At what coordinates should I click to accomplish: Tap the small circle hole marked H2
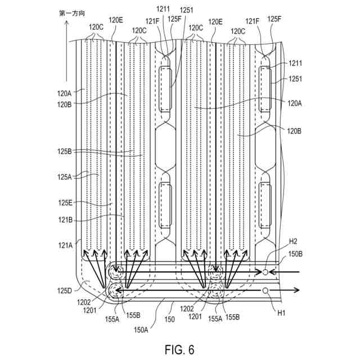265,273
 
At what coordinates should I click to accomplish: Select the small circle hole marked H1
265,291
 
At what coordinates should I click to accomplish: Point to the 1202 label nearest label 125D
90,302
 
